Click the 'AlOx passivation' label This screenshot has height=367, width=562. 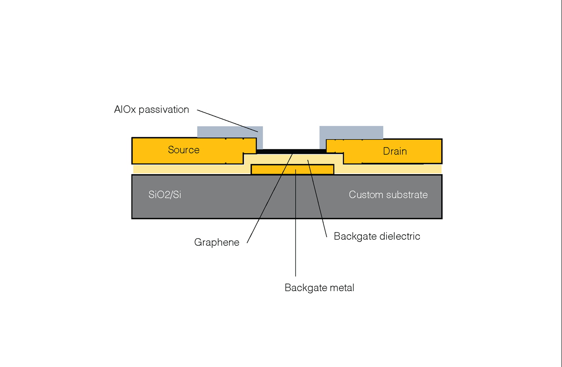click(151, 110)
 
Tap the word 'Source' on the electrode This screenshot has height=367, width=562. click(184, 150)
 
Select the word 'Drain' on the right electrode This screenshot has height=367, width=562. click(395, 151)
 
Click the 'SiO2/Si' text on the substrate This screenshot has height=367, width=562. click(165, 195)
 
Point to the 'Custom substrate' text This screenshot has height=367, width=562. click(388, 195)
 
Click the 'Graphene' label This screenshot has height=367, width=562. click(216, 243)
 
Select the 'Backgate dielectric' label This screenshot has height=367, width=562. click(377, 236)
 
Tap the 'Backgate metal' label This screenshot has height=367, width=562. click(319, 288)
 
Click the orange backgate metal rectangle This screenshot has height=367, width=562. click(272, 170)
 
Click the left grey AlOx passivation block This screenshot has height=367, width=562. click(228, 131)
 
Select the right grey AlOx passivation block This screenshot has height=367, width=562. click(351, 132)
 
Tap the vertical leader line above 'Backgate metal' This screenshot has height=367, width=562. click(295, 229)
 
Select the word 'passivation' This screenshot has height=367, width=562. click(163, 110)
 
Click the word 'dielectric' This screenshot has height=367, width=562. click(399, 236)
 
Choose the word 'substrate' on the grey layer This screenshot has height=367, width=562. click(407, 195)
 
